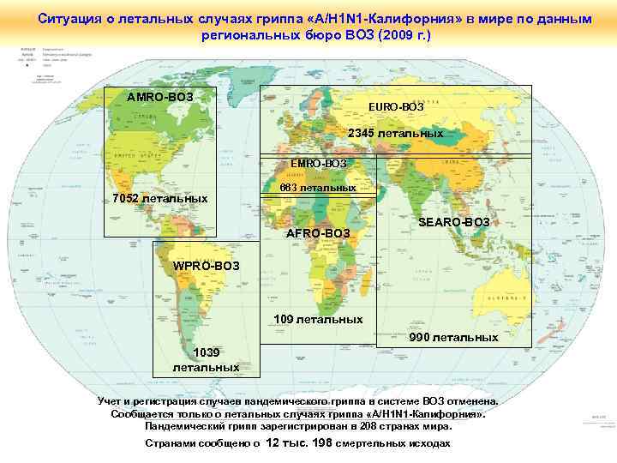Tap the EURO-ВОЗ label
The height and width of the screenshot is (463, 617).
[396, 106]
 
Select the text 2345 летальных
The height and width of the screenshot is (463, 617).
[395, 134]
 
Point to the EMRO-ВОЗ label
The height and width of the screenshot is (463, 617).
[318, 163]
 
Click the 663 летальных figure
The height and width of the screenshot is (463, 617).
[318, 187]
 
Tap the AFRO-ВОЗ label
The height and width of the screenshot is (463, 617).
[318, 233]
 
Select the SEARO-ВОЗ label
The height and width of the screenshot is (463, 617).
[453, 223]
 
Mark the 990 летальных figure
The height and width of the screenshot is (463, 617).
[453, 337]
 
